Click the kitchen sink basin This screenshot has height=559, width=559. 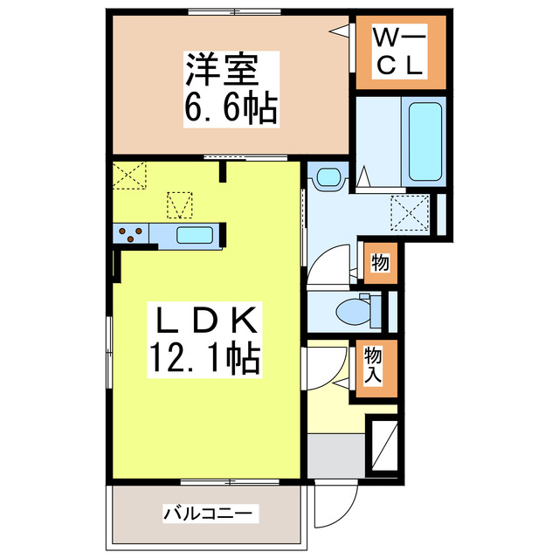[x=195, y=234]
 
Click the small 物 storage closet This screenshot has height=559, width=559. [x=380, y=262]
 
